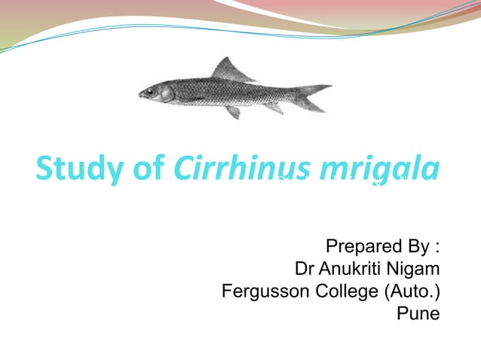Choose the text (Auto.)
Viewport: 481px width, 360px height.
pyautogui.click(x=412, y=291)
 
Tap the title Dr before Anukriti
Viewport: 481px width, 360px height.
pyautogui.click(x=305, y=269)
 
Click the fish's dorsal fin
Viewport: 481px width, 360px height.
pyautogui.click(x=226, y=70)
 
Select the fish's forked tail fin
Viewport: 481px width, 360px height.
pyautogui.click(x=317, y=96)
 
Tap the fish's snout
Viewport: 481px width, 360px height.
pyautogui.click(x=141, y=94)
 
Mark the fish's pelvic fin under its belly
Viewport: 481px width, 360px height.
pyautogui.click(x=234, y=111)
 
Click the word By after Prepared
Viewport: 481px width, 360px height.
pyautogui.click(x=415, y=247)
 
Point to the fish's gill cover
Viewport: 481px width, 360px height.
pyautogui.click(x=167, y=93)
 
